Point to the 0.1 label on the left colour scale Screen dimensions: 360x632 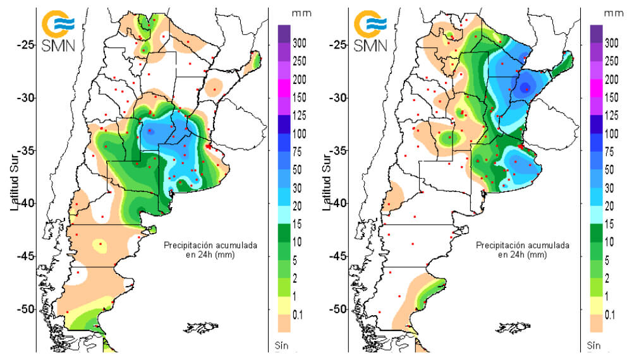(x=298, y=314)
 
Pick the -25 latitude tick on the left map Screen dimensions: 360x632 (x=24, y=45)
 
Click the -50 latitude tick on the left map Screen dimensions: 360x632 (x=24, y=309)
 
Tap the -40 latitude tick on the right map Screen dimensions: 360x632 (x=336, y=203)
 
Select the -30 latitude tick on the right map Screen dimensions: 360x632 (x=336, y=98)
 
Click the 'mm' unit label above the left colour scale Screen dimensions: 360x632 (x=298, y=13)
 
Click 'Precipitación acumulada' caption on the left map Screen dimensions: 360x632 (x=210, y=244)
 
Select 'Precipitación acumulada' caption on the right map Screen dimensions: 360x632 (x=523, y=244)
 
